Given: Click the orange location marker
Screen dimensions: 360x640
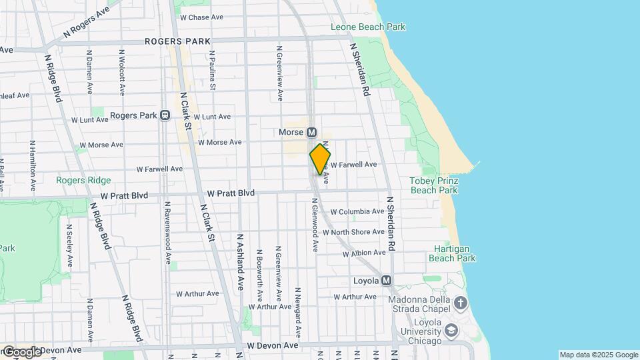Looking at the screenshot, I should [x=320, y=159].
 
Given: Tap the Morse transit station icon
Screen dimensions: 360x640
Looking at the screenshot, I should [x=311, y=133].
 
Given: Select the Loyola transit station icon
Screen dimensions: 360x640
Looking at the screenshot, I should [x=387, y=281].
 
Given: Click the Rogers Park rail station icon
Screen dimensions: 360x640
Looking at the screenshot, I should [x=164, y=115].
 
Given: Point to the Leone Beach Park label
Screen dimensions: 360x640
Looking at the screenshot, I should [x=368, y=27].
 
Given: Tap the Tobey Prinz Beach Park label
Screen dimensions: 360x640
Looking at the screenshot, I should [x=433, y=185].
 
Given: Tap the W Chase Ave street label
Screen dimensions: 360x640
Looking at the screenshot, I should [x=201, y=17].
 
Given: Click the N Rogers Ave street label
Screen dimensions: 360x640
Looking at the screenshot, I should [x=86, y=23].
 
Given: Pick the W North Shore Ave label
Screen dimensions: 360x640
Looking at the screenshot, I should [x=353, y=232].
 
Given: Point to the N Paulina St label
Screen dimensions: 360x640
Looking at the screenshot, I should [x=212, y=70].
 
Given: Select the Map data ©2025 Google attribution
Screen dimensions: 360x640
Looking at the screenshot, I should [x=599, y=355].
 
